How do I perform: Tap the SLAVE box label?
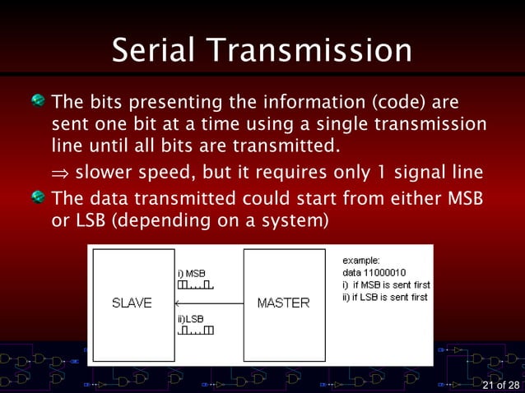tap(132, 303)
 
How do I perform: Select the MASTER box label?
tap(283, 303)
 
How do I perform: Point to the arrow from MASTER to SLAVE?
tap(209, 303)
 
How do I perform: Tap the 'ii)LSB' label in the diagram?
tap(191, 318)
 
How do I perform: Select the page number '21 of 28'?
tap(500, 385)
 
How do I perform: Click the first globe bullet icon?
tap(38, 102)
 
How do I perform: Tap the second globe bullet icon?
tap(38, 198)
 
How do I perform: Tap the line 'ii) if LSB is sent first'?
tap(385, 297)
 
